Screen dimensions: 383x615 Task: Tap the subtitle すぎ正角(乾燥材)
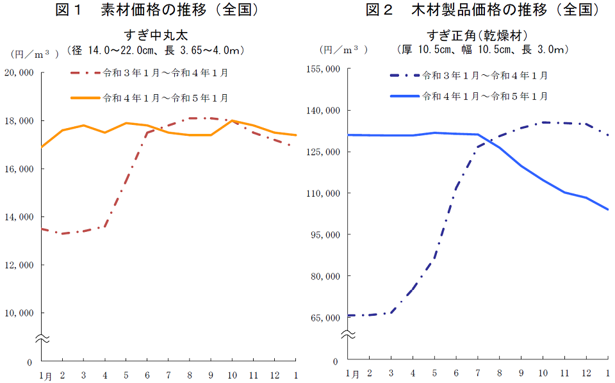click(x=477, y=35)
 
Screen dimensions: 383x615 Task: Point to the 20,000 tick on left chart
click(x=19, y=72)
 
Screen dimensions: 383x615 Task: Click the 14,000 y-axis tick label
click(x=19, y=216)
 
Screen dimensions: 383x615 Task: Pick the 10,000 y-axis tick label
click(x=19, y=313)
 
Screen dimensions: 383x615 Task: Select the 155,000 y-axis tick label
click(x=324, y=69)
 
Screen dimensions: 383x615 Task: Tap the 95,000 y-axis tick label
click(x=326, y=234)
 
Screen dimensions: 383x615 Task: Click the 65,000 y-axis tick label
click(x=326, y=318)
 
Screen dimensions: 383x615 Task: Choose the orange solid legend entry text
click(x=165, y=98)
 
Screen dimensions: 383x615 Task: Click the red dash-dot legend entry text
click(x=165, y=73)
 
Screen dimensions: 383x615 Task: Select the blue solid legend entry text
click(x=485, y=96)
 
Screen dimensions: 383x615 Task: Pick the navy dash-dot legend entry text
click(x=485, y=76)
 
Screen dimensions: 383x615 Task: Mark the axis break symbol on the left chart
click(x=40, y=338)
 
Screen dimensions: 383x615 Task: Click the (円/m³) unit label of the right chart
click(x=344, y=49)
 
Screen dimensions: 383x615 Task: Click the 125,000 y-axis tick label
click(x=324, y=152)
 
